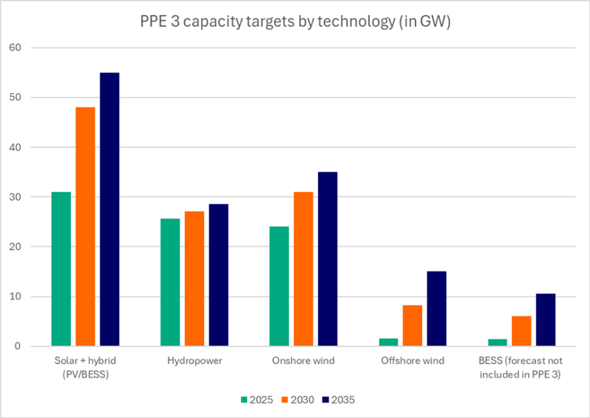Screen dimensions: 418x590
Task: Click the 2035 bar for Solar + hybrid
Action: tap(109, 210)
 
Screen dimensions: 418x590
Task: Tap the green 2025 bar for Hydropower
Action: tap(170, 282)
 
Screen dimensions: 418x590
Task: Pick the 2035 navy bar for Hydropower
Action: tap(218, 275)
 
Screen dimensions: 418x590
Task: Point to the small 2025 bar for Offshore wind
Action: tap(388, 343)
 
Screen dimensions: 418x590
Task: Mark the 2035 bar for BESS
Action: tap(545, 320)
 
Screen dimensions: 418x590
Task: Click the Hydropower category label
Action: tap(194, 361)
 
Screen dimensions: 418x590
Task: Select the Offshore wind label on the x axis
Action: tap(412, 361)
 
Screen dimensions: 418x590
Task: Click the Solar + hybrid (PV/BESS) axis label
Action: tap(85, 367)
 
